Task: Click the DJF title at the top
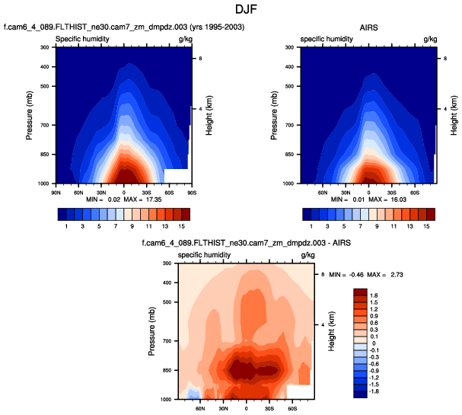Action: point(231,10)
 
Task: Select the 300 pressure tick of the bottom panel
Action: point(166,263)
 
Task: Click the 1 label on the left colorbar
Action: point(66,226)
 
